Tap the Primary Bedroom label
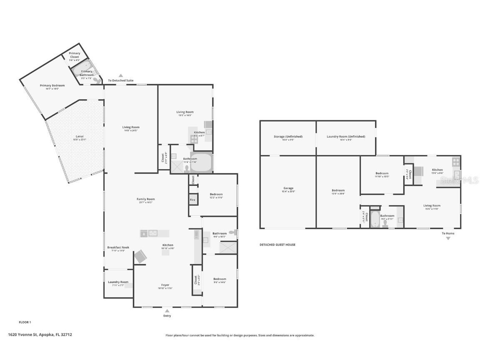(x=52, y=85)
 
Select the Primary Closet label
(x=75, y=55)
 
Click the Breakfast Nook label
(x=118, y=247)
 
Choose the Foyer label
(x=165, y=285)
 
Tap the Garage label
(x=288, y=188)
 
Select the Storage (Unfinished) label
(x=288, y=137)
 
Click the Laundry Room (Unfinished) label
(x=346, y=137)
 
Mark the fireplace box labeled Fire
(x=192, y=200)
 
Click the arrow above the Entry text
(x=167, y=310)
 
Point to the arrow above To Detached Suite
(x=121, y=75)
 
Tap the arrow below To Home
(x=448, y=238)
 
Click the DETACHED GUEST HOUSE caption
(x=277, y=245)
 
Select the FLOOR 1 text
(x=25, y=322)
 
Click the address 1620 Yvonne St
(x=40, y=334)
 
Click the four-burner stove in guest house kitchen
(x=456, y=161)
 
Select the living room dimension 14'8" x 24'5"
(x=131, y=130)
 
